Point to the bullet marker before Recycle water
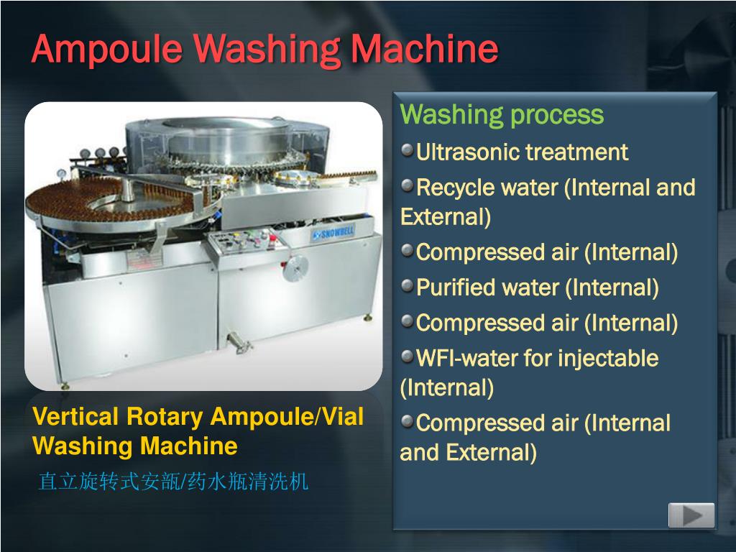pyautogui.click(x=408, y=186)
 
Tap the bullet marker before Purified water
pyautogui.click(x=408, y=287)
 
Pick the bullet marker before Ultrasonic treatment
pyautogui.click(x=408, y=151)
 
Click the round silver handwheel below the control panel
pyautogui.click(x=294, y=272)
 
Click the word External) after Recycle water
pyautogui.click(x=446, y=217)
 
